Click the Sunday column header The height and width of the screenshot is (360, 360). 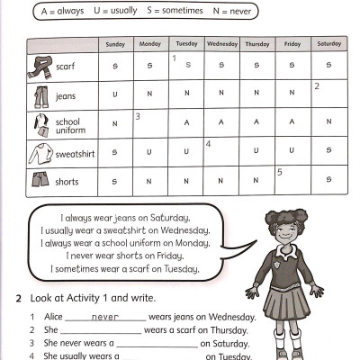[115, 44]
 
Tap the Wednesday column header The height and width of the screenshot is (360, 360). [221, 44]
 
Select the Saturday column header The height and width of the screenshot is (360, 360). [328, 44]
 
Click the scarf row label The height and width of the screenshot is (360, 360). [65, 66]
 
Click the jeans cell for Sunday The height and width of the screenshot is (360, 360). [115, 94]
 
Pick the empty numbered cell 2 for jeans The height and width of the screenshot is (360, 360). [328, 94]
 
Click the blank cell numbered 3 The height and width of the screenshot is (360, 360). [150, 123]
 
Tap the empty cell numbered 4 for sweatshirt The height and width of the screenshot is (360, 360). [221, 152]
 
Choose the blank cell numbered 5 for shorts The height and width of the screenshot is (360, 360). [292, 181]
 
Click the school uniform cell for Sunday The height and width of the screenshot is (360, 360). [115, 123]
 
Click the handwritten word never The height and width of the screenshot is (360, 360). [105, 317]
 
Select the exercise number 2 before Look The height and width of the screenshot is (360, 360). [19, 298]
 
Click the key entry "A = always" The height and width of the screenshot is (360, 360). [61, 11]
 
